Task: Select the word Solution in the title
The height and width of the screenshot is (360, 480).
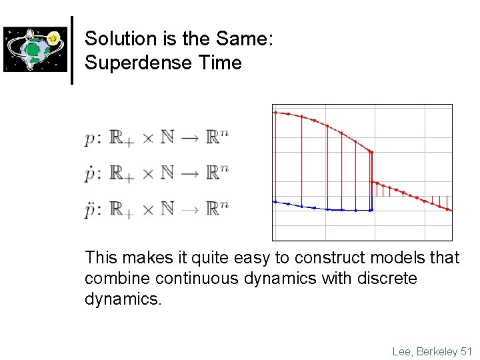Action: [x=112, y=39]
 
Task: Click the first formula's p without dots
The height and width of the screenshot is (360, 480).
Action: [x=91, y=139]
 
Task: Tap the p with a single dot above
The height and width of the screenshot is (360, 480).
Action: [x=91, y=174]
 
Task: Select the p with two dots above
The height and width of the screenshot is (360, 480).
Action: [x=91, y=209]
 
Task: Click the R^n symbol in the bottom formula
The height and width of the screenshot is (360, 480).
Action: [x=217, y=209]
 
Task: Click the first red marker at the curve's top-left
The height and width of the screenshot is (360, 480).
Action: [x=275, y=113]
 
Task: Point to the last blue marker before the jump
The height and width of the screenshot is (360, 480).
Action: [x=371, y=210]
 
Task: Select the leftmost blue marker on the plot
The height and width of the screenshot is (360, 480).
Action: [x=275, y=201]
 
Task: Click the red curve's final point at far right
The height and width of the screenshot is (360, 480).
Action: [x=450, y=210]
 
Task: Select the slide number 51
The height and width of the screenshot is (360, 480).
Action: [x=465, y=351]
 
